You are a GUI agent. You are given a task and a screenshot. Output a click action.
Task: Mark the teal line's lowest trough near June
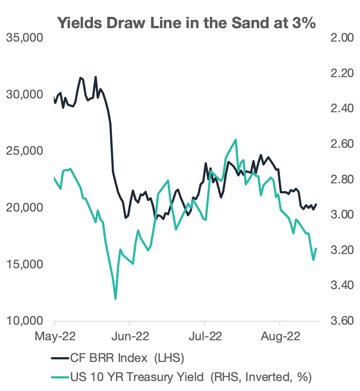pos(115,298)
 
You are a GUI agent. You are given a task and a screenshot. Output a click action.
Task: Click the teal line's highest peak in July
pos(236,140)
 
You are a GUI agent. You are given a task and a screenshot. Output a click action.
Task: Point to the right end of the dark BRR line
pos(316,204)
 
